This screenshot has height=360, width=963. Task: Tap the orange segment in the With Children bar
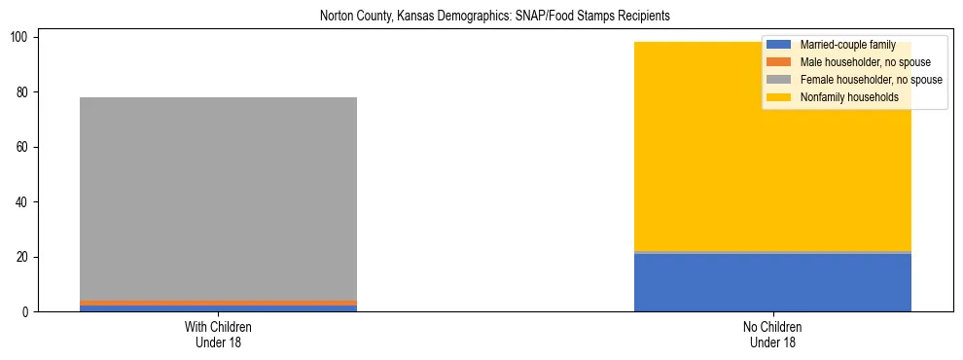(x=218, y=303)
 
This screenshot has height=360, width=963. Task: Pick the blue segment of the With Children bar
(x=218, y=308)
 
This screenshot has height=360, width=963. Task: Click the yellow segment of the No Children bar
(x=772, y=146)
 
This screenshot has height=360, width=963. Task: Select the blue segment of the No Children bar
(x=772, y=282)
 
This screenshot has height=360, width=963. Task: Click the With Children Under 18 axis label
(x=218, y=334)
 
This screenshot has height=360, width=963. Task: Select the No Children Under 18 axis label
(x=772, y=334)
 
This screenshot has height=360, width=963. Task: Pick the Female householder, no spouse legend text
(x=871, y=80)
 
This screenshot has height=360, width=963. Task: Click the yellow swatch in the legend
(x=779, y=97)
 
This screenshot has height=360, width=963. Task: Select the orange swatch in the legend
(x=779, y=62)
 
